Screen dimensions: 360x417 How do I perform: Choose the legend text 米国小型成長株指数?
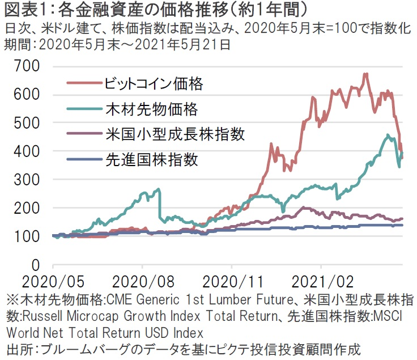pos(167,134)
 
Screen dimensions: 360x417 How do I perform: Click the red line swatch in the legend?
pos(83,84)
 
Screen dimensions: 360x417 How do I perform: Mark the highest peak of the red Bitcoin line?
pos(365,74)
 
